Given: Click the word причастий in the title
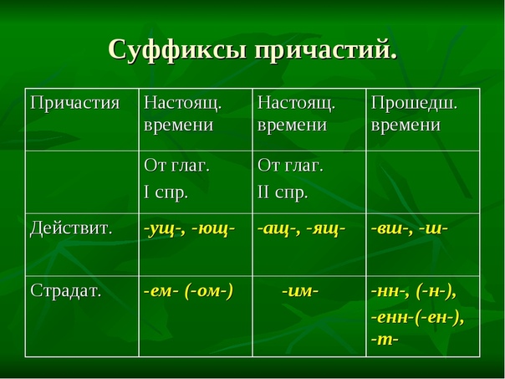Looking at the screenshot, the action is point(325,50).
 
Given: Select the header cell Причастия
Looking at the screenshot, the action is point(75,104).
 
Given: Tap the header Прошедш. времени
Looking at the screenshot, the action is point(414,114).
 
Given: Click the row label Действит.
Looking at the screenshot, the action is point(71,228).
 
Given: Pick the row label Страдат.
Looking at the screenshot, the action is point(66,290).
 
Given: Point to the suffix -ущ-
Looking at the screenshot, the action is point(164,229).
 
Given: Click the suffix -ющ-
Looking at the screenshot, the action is point(213,229).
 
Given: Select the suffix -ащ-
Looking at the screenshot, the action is point(278,229).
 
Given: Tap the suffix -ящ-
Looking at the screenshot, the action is point(325,229).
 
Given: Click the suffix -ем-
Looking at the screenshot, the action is point(161,291).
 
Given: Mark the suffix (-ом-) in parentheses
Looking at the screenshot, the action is point(209,292).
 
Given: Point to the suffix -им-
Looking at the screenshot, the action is point(300,291).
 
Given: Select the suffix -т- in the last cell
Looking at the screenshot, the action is point(385,340).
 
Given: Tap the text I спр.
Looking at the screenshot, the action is point(166,193).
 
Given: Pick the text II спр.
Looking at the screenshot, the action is point(283,193).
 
